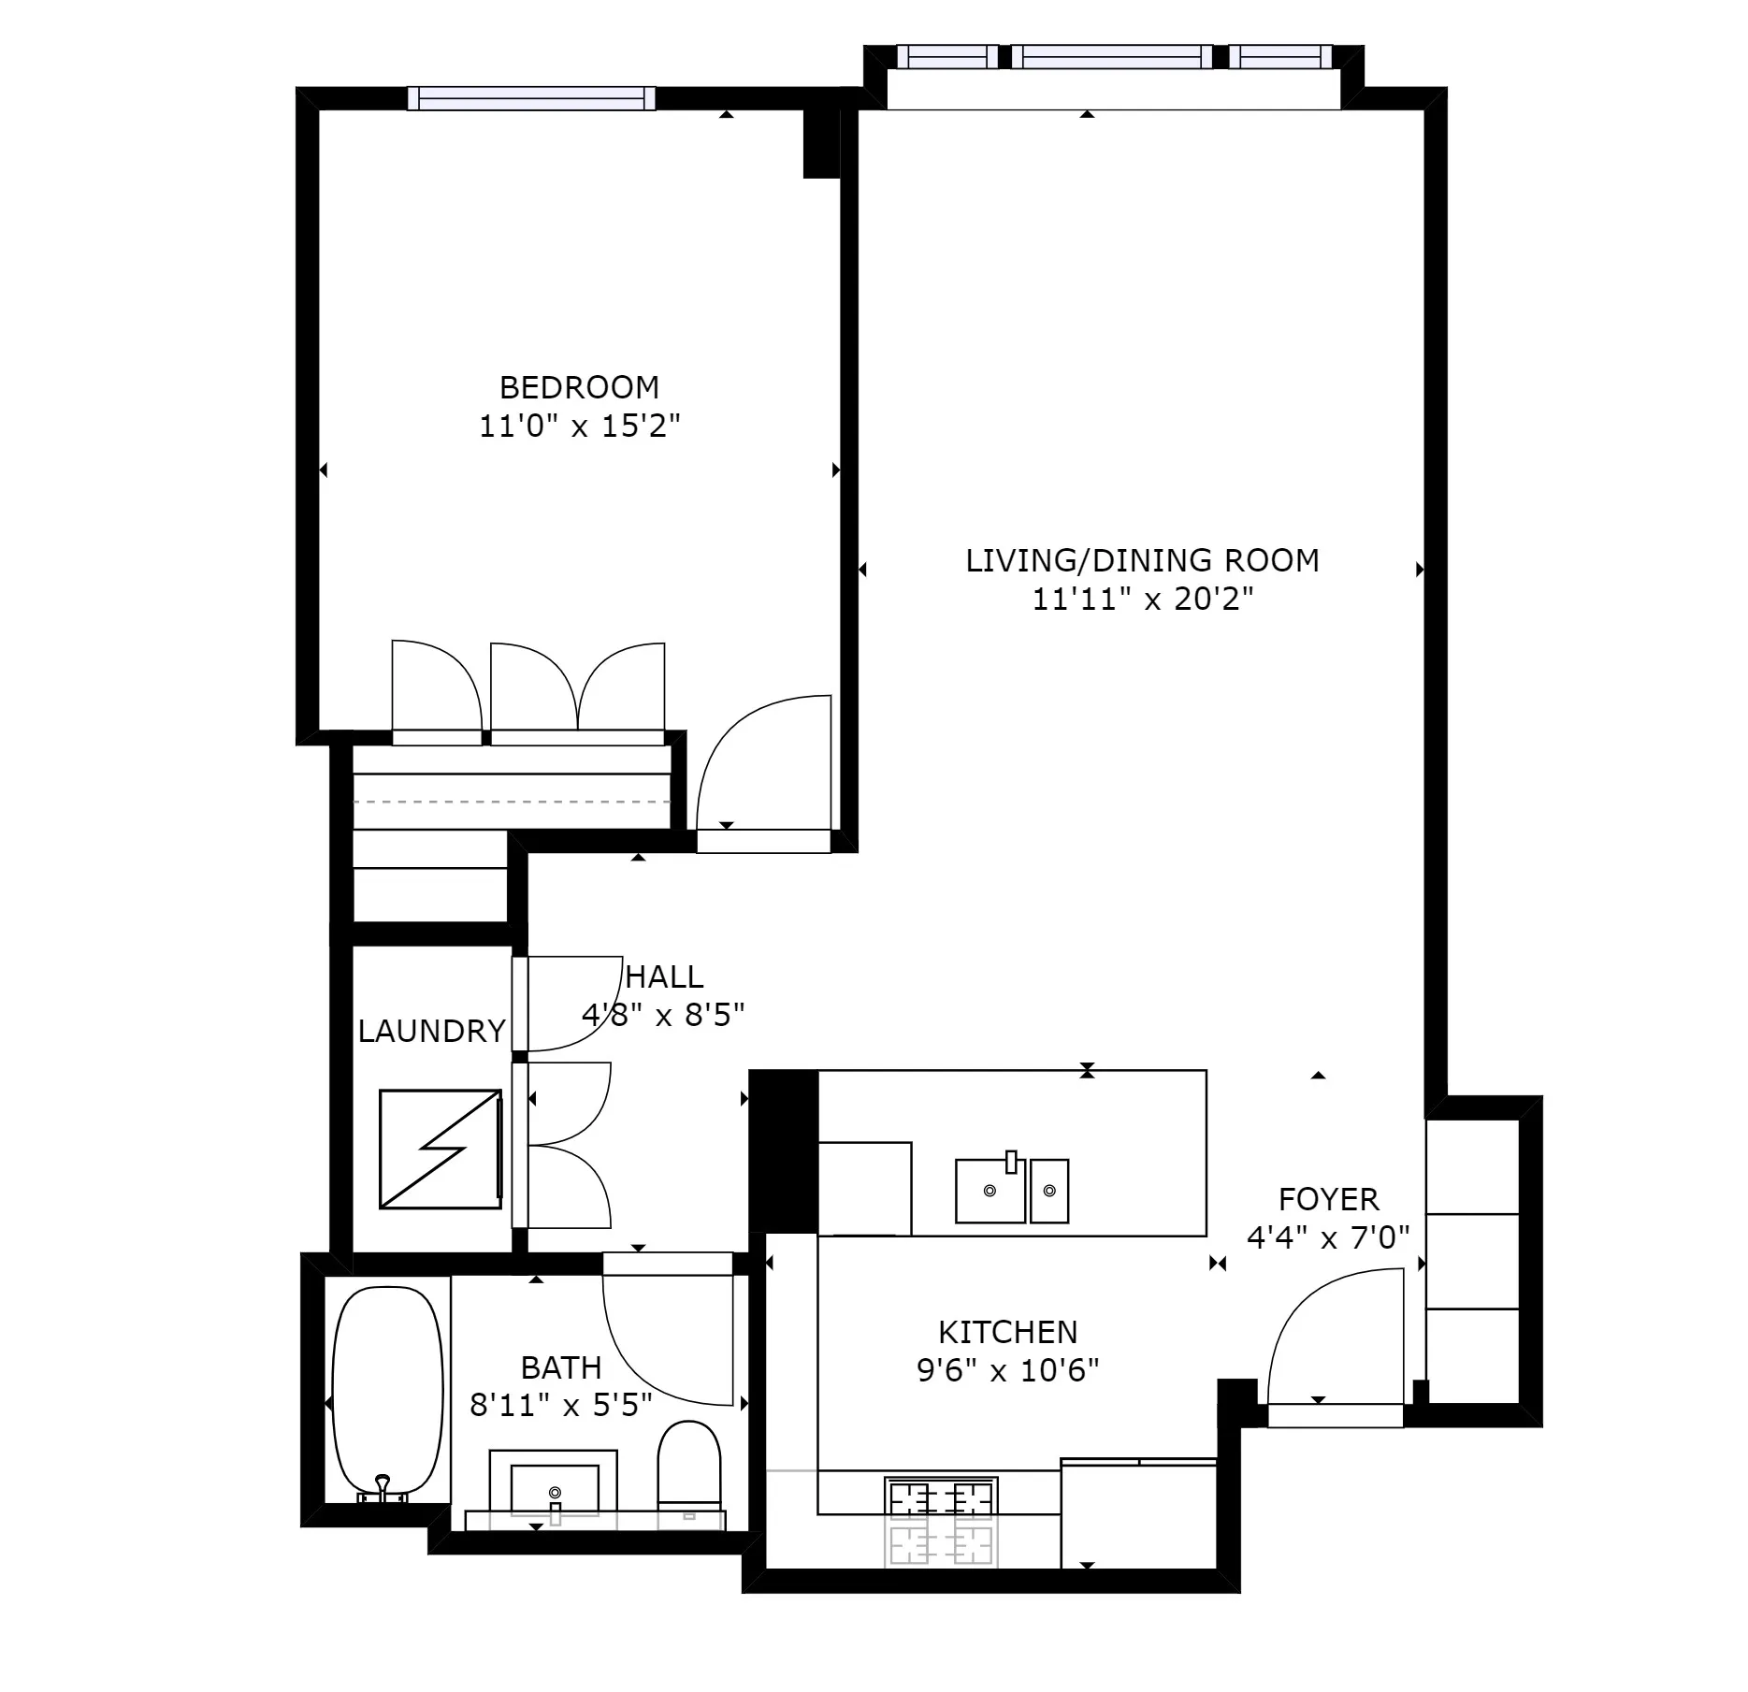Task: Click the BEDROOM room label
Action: coord(579,387)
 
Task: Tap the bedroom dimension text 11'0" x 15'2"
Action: coord(579,427)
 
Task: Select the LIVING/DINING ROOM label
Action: coord(1142,560)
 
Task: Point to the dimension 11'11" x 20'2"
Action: coord(1142,599)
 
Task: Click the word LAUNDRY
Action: coord(431,1031)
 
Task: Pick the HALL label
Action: coord(664,976)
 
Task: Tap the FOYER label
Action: coord(1328,1199)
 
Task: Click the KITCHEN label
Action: coord(1007,1332)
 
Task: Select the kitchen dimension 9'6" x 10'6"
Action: coord(1007,1371)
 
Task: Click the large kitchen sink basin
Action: coord(990,1192)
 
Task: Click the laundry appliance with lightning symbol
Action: coord(441,1149)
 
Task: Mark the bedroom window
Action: coord(531,98)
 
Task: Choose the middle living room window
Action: coord(1112,57)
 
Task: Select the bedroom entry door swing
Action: coord(763,763)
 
